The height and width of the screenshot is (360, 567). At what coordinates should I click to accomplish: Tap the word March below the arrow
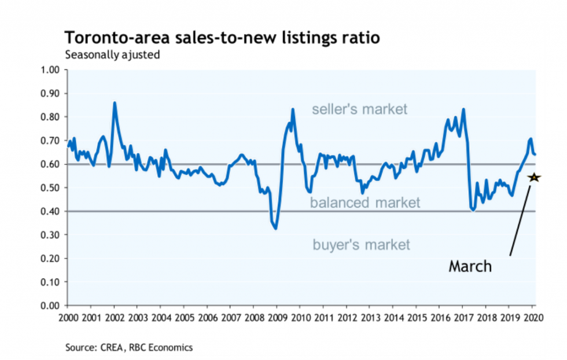[470, 266]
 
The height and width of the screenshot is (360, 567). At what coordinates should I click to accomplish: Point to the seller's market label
[360, 109]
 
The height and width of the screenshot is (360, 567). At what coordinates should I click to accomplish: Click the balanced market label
[365, 203]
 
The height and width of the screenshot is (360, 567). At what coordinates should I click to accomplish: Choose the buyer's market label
[361, 245]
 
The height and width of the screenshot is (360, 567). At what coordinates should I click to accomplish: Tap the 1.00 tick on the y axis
[51, 70]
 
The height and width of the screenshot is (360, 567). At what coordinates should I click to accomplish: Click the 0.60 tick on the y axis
[51, 164]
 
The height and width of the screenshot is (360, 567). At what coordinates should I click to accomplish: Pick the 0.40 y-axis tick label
[51, 211]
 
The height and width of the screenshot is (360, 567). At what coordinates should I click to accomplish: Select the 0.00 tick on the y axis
[51, 306]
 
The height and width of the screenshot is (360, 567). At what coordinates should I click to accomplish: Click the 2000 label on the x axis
[68, 318]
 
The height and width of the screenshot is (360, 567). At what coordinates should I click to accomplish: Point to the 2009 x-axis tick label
[277, 318]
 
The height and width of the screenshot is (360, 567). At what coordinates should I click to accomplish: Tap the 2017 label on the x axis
[462, 318]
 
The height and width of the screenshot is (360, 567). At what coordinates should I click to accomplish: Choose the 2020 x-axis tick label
[532, 318]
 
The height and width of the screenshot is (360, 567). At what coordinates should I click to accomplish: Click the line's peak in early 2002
[115, 103]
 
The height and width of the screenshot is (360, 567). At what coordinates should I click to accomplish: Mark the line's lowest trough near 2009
[276, 228]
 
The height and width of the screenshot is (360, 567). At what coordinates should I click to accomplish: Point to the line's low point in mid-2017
[474, 210]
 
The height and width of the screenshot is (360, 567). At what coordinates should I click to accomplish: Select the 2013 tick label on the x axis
[370, 318]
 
